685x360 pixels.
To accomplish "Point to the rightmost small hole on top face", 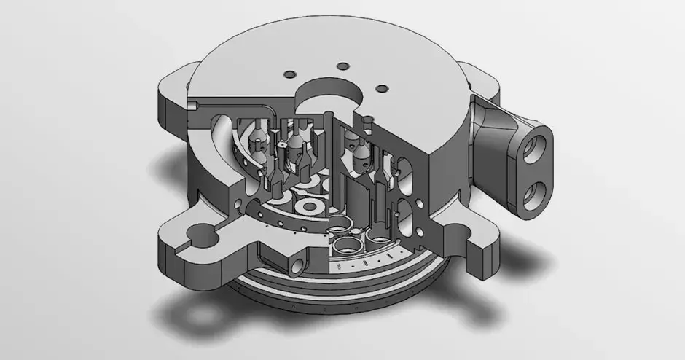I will pos(380,89).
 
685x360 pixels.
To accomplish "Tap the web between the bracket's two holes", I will pos(540,165).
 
